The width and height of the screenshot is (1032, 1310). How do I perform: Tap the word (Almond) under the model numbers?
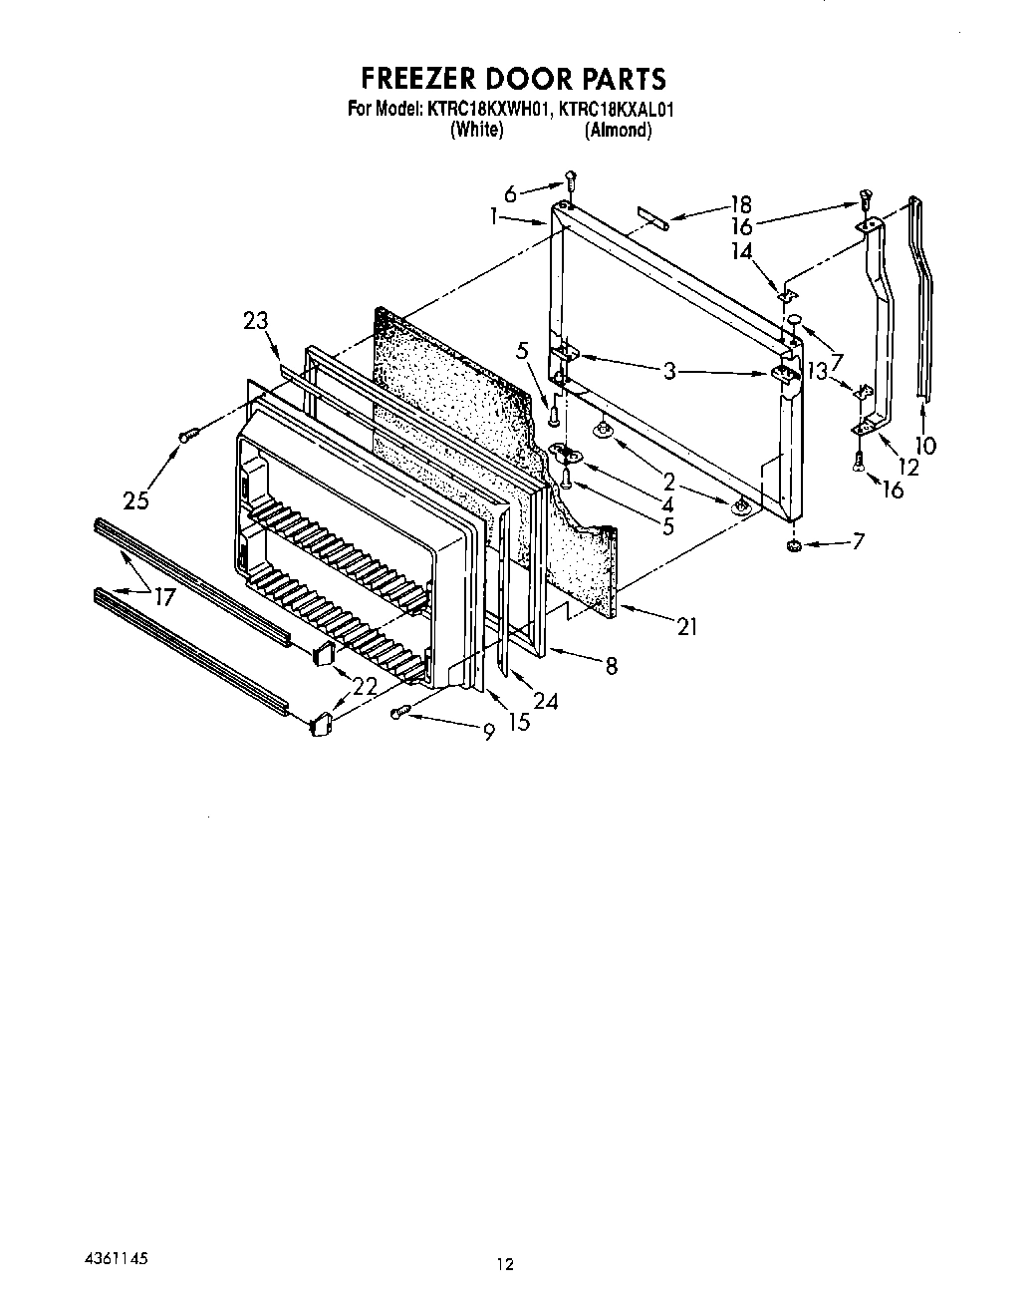618,131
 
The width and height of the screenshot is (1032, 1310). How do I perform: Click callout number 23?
256,321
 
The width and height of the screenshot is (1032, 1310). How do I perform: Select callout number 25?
136,499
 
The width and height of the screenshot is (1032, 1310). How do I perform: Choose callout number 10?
925,445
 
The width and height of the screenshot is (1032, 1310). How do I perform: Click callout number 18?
739,203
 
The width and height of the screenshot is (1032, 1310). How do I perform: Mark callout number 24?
544,701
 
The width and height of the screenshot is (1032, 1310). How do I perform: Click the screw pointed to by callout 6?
571,180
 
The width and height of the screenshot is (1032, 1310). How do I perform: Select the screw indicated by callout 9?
400,711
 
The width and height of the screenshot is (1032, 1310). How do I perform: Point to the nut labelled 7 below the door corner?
794,546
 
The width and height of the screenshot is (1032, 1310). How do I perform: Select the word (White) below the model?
476,131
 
